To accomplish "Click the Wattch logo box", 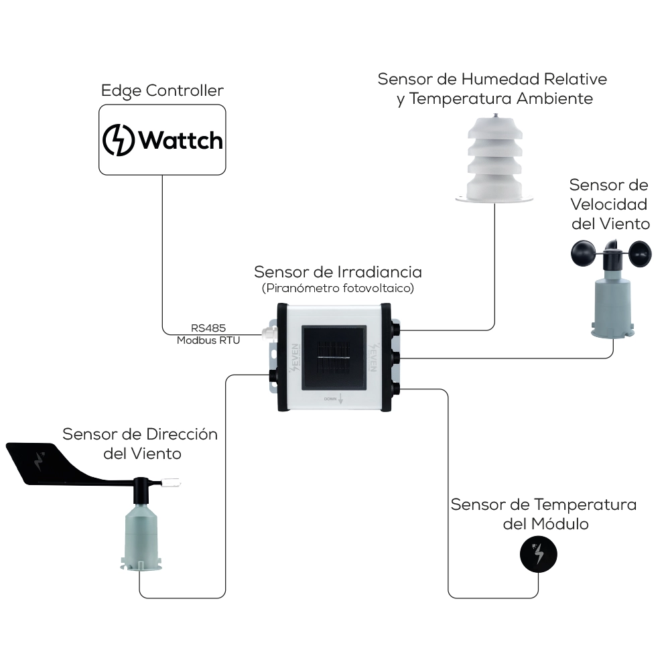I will point(162,139).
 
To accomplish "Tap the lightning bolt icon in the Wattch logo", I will point(119,140).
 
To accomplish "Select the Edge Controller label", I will point(162,90).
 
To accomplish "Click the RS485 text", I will point(208,328).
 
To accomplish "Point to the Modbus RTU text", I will point(208,340).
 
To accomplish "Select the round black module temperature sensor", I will point(539,554).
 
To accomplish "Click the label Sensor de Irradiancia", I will point(338,273).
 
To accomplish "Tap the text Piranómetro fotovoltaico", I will point(338,289).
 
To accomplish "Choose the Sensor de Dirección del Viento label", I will point(141,444).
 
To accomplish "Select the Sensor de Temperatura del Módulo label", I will point(544,513).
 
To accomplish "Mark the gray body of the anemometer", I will point(612,301).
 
